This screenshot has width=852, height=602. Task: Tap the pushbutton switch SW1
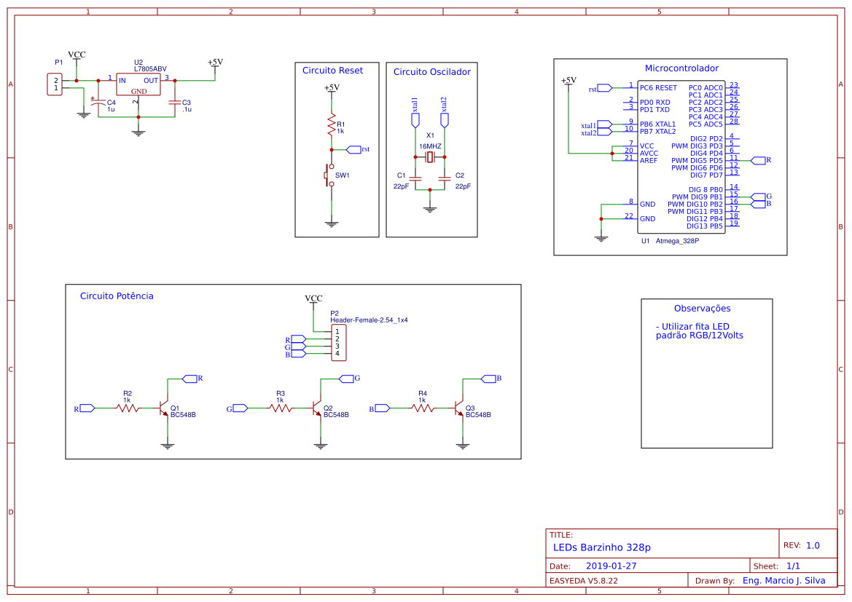pyautogui.click(x=330, y=175)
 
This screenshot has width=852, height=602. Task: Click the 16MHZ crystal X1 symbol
pyautogui.click(x=430, y=157)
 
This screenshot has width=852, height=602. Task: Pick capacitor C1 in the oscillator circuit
pyautogui.click(x=415, y=177)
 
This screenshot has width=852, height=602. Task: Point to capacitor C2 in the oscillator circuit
pyautogui.click(x=445, y=177)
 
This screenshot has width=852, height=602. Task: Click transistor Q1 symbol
pyautogui.click(x=165, y=409)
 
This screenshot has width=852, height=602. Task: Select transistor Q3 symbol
pyautogui.click(x=460, y=409)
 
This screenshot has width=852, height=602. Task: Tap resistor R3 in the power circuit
pyautogui.click(x=281, y=408)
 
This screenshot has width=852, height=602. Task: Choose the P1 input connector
pyautogui.click(x=55, y=84)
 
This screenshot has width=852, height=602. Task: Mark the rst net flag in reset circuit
pyautogui.click(x=354, y=149)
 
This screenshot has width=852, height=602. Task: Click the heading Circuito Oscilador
pyautogui.click(x=431, y=71)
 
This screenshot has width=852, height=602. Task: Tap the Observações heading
pyautogui.click(x=702, y=308)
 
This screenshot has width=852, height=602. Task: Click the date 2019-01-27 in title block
pyautogui.click(x=611, y=566)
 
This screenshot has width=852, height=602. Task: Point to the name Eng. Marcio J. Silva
pyautogui.click(x=783, y=581)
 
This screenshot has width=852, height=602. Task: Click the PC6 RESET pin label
pyautogui.click(x=658, y=87)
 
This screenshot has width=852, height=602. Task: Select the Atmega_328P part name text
pyautogui.click(x=677, y=240)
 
